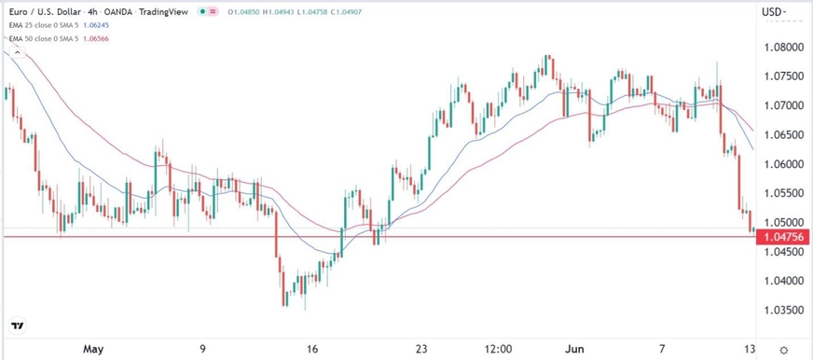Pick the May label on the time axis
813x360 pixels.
tap(93, 349)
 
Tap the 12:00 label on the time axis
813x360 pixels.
tap(499, 349)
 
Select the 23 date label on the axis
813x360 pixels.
tap(420, 349)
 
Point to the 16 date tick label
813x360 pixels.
tap(312, 349)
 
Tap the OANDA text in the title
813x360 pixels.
tap(133, 12)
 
